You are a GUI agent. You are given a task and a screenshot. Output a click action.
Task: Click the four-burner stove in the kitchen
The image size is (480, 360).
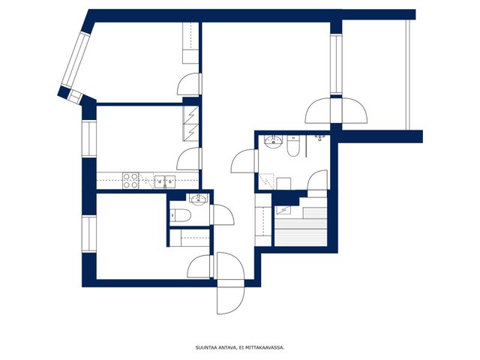pyautogui.click(x=130, y=181)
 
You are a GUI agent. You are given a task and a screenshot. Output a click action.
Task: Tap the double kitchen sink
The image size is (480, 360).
pyautogui.click(x=165, y=181)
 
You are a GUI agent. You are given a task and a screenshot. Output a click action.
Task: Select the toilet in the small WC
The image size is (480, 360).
pyautogui.click(x=181, y=215)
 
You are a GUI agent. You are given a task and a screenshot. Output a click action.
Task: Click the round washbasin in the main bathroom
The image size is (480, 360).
pyautogui.click(x=273, y=142)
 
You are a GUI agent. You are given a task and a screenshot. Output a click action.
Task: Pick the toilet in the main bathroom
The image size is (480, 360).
pyautogui.click(x=292, y=146)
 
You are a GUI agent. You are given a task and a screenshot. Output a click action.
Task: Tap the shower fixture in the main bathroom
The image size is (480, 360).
pyautogui.click(x=319, y=137)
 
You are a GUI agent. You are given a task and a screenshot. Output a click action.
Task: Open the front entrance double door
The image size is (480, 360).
pyautogui.click(x=230, y=283)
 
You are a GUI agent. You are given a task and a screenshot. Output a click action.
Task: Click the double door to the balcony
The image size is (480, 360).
pyautogui.click(x=336, y=110)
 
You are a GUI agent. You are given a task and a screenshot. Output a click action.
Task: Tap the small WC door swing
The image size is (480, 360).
pyautogui.click(x=222, y=214)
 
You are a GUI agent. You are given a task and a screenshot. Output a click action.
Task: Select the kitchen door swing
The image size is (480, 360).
pyautogui.click(x=189, y=158)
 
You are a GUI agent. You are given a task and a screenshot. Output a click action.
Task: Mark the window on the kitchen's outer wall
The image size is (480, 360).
pyautogui.click(x=89, y=139)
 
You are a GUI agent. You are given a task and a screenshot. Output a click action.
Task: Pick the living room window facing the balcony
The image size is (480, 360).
pyautogui.click(x=336, y=64)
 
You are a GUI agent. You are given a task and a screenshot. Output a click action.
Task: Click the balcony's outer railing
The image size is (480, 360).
pyautogui.click(x=408, y=75)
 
